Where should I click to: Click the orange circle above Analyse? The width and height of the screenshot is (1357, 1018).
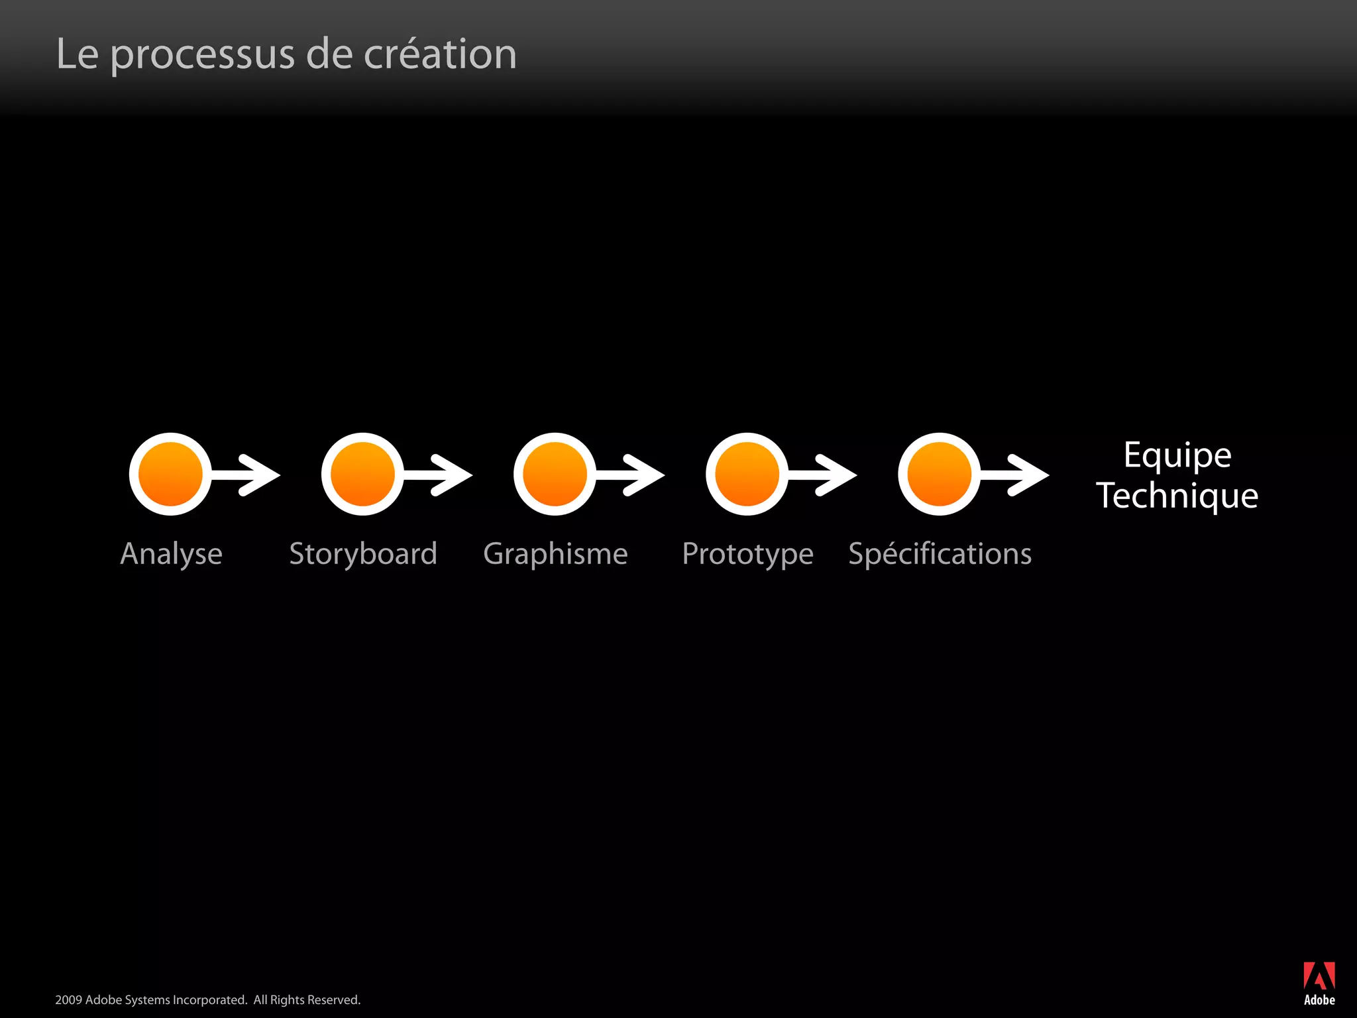tap(170, 475)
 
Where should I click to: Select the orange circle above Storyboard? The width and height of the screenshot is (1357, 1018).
tap(362, 475)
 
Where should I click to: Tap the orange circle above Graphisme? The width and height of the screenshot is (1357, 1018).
tap(555, 475)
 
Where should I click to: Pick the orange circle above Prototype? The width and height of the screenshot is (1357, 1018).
tap(747, 475)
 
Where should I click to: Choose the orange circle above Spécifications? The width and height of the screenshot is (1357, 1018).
tap(939, 475)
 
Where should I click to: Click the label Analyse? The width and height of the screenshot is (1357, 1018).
tap(171, 554)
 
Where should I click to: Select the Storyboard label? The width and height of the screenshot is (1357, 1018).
tap(363, 554)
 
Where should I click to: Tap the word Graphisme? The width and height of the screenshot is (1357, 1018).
tap(555, 554)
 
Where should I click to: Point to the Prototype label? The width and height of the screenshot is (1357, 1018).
tap(747, 554)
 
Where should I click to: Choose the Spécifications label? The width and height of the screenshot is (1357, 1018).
tap(940, 554)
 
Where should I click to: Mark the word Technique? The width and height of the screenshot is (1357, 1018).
tap(1177, 496)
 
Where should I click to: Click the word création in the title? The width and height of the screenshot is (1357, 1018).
tap(440, 54)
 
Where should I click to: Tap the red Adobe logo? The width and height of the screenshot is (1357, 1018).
tap(1319, 977)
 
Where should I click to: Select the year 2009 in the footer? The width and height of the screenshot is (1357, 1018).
tap(68, 1000)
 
